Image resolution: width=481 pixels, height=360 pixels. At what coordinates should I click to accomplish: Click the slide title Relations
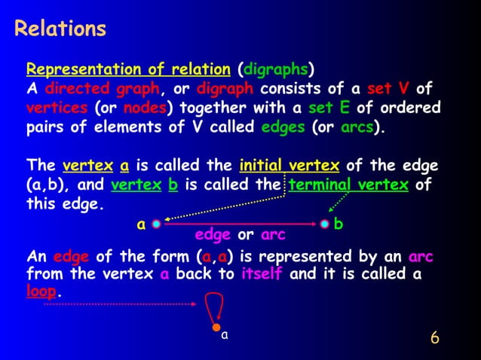tap(60, 29)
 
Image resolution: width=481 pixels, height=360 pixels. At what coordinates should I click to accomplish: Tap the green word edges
tap(282, 127)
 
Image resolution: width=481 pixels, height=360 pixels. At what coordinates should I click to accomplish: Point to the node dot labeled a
tap(156, 224)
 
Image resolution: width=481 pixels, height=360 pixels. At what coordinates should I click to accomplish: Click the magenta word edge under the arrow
tap(213, 236)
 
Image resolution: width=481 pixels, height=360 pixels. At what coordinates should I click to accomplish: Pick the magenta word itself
tap(262, 274)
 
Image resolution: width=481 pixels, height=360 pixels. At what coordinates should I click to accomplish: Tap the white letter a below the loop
tap(224, 337)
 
